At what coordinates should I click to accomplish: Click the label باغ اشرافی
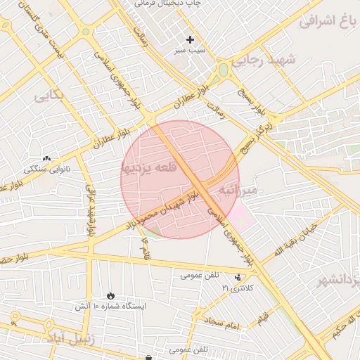click(327, 20)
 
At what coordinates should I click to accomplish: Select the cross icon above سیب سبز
click(190, 39)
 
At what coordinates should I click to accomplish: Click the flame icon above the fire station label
click(110, 295)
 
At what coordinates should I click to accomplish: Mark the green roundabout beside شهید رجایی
click(224, 70)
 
